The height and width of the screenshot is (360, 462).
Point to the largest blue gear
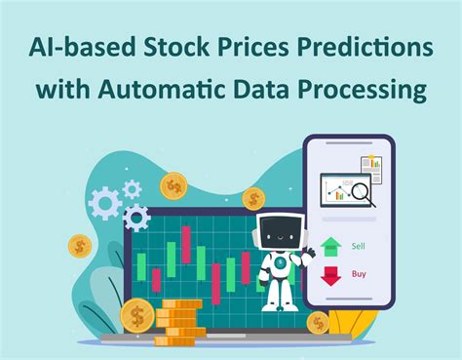[x=102, y=203]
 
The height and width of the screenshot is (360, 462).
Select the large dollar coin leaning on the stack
[x=137, y=316]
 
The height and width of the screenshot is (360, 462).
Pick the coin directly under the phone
[x=318, y=322]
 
